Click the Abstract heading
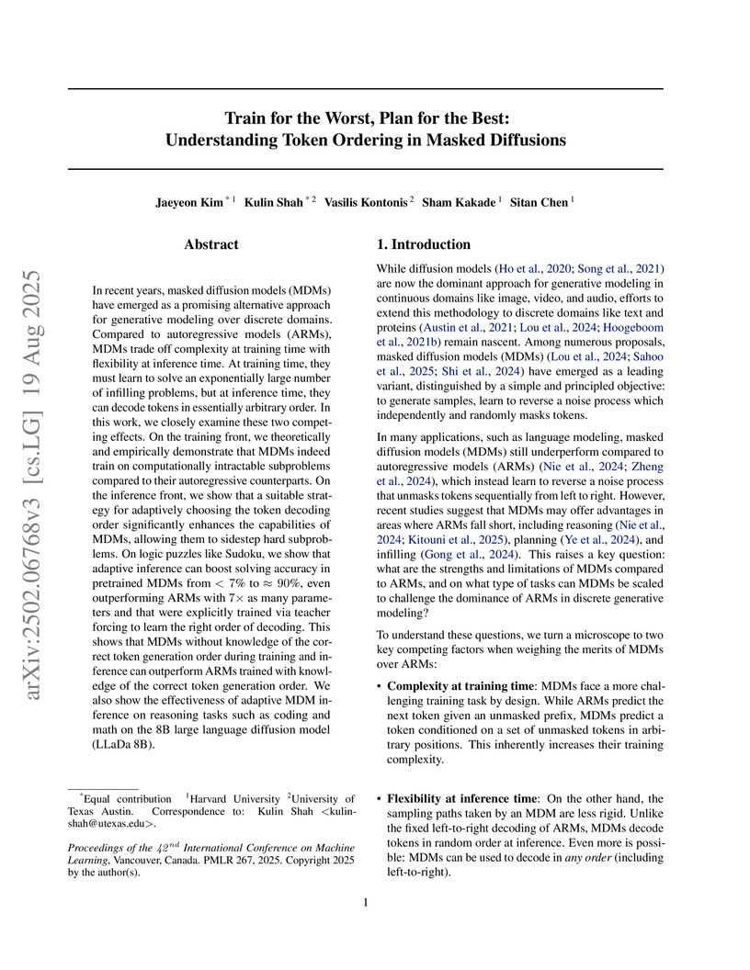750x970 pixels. (211, 244)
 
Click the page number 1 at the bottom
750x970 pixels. (366, 903)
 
